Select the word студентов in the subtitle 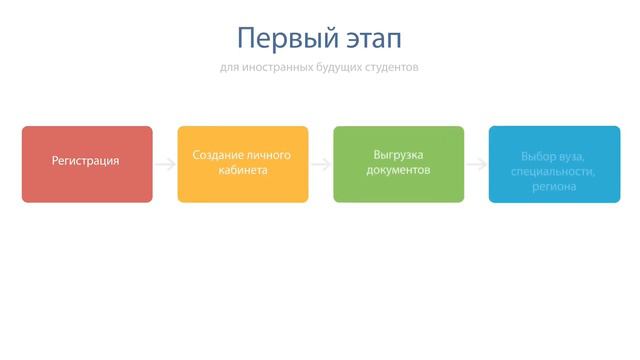point(392,69)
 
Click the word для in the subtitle point(230,69)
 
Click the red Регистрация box point(87,164)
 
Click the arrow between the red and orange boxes point(165,164)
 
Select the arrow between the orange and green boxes point(321,164)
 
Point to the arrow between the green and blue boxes point(476,164)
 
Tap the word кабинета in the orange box point(243,171)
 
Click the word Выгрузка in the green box point(399,156)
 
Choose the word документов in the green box point(399,171)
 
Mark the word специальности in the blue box point(554,171)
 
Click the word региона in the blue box point(554,186)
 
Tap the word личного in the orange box point(268,156)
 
